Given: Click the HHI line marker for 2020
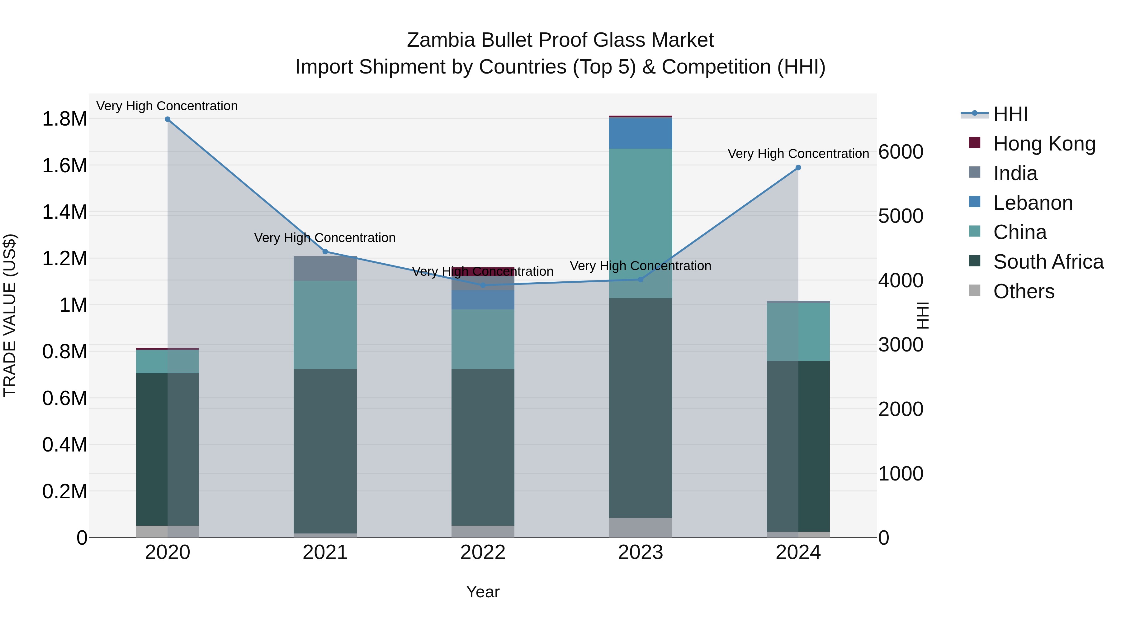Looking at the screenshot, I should [x=168, y=119].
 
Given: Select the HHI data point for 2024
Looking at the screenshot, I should [x=798, y=168].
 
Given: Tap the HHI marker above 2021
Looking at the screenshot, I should [x=325, y=252].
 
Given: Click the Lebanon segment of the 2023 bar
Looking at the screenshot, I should [x=640, y=133].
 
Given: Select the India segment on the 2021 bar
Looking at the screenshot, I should [x=325, y=268].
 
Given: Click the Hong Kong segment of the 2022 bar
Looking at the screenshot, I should [x=483, y=271].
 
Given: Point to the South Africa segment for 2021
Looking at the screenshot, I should [x=325, y=451].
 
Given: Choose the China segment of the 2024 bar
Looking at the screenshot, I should [x=798, y=332].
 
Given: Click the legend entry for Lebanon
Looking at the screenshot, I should [x=1033, y=203].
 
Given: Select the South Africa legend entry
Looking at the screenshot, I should [x=1048, y=262].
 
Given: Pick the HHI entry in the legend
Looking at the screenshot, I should [x=1010, y=114].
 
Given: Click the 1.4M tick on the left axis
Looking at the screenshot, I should [x=64, y=213].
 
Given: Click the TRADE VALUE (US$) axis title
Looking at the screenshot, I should [x=10, y=315].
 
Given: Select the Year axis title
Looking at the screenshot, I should [x=483, y=592].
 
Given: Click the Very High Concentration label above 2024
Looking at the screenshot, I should [x=798, y=154].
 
